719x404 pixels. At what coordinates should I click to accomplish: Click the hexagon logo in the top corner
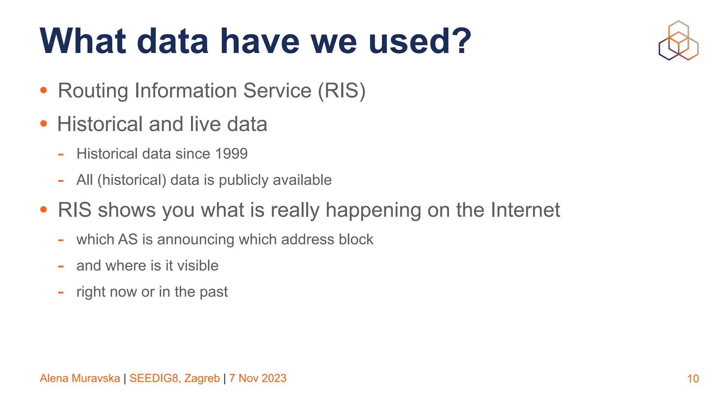click(678, 41)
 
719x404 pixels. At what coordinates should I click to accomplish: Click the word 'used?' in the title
click(420, 41)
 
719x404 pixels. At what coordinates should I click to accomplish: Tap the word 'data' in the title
click(173, 41)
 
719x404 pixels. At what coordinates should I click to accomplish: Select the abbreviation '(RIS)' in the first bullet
click(341, 90)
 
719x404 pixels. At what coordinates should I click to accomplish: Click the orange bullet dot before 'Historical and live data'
click(44, 123)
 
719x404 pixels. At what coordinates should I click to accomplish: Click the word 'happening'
click(373, 210)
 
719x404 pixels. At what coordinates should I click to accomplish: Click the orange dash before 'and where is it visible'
click(61, 266)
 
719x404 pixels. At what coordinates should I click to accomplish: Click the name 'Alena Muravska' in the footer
click(80, 378)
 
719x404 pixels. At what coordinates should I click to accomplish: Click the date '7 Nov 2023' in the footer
click(258, 378)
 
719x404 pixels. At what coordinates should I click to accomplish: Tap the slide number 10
click(693, 379)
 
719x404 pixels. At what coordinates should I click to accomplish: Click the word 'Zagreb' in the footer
click(202, 378)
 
